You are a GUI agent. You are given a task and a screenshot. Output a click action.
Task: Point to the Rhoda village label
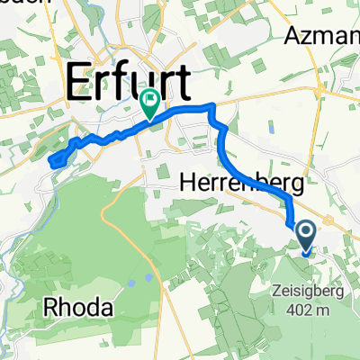[79, 309]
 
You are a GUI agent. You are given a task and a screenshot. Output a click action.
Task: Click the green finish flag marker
[149, 105]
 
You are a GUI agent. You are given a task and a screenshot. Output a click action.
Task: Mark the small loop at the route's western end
[55, 160]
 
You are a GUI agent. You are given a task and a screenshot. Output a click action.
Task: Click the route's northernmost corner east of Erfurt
[212, 108]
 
